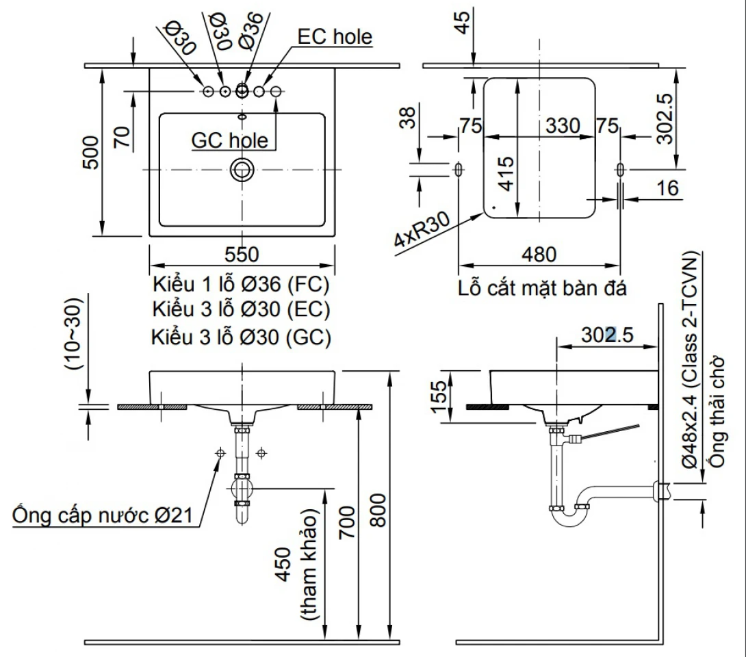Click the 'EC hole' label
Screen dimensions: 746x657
point(335,37)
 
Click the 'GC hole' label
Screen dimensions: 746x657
point(230,140)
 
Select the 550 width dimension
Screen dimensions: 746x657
point(242,255)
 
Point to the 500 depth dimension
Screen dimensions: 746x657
point(90,152)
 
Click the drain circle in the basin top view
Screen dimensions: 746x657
point(242,170)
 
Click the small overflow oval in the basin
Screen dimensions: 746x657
point(242,116)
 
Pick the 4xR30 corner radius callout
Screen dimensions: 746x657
point(422,229)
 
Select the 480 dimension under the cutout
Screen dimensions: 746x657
point(539,255)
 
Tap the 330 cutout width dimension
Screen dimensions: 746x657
point(563,126)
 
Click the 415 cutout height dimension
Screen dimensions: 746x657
point(507,174)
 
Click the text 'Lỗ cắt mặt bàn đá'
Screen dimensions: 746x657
point(542,288)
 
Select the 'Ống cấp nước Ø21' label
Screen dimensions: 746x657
point(103,515)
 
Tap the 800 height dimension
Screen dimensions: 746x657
point(378,510)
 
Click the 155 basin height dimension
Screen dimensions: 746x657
point(439,397)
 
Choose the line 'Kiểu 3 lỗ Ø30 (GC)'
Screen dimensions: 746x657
point(241,337)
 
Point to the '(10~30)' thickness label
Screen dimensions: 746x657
point(74,333)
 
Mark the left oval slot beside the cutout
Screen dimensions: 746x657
point(459,169)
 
